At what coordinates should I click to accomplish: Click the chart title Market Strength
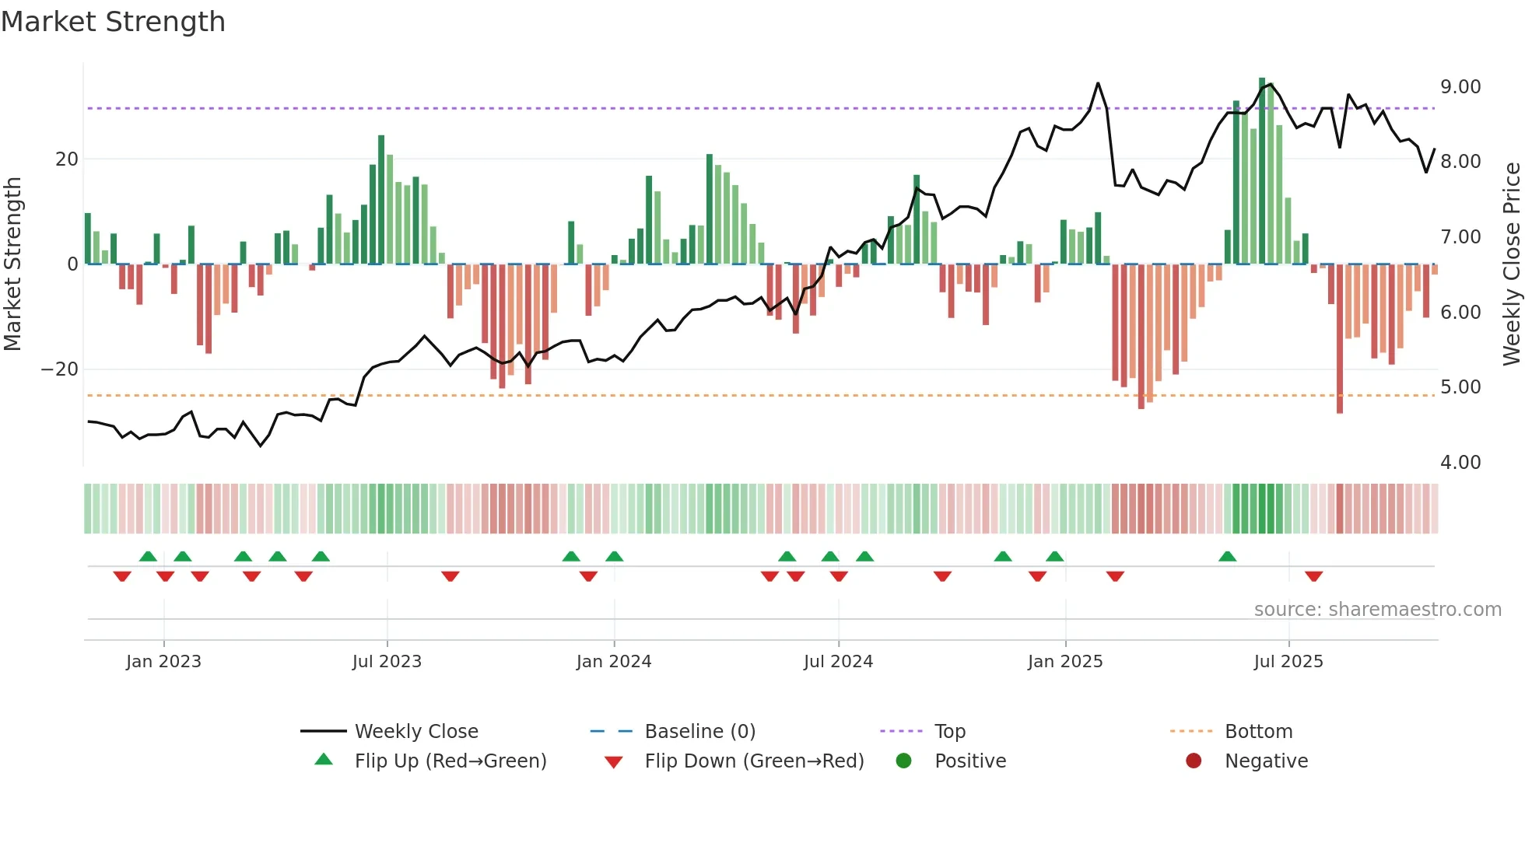(x=114, y=22)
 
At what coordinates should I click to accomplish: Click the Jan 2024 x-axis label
(x=614, y=662)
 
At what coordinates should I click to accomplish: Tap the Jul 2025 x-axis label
(x=1288, y=662)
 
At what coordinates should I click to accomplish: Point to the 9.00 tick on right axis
(x=1460, y=87)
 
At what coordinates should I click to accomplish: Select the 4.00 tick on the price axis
(x=1460, y=463)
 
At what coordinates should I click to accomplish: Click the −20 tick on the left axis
(x=60, y=369)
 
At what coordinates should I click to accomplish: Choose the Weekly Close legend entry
(x=416, y=732)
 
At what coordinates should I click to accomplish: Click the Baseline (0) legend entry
(x=699, y=732)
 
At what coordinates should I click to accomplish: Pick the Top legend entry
(x=950, y=732)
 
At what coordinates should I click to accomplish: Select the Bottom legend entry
(x=1258, y=732)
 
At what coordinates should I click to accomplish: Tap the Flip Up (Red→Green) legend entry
(x=450, y=761)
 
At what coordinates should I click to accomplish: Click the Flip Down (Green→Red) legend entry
(x=754, y=761)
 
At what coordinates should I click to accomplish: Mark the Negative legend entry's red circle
(x=1194, y=761)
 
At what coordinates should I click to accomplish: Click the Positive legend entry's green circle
(x=903, y=761)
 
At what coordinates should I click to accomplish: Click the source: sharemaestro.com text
(x=1377, y=610)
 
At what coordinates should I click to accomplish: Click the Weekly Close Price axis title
(x=1511, y=264)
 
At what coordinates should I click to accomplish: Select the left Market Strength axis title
(x=13, y=264)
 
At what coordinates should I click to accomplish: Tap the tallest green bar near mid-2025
(x=1262, y=171)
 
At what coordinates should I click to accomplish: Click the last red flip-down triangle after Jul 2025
(x=1314, y=576)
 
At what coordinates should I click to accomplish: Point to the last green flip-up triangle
(x=1228, y=557)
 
